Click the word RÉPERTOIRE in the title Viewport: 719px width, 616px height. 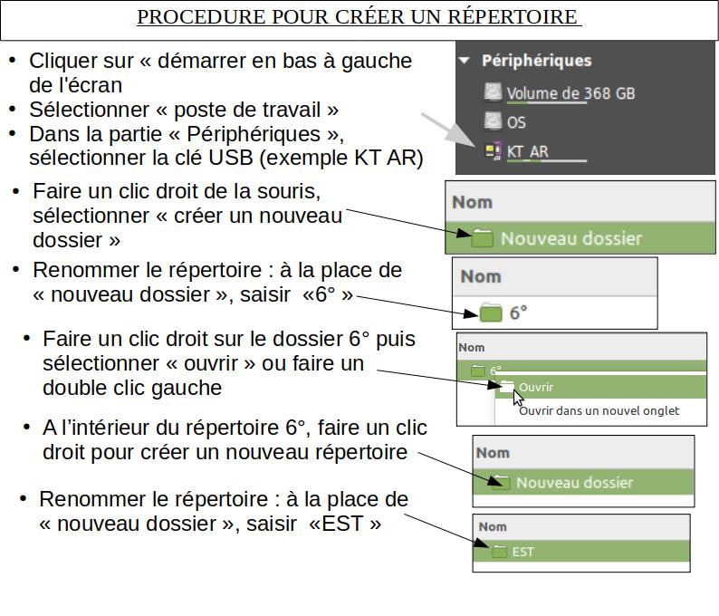pyautogui.click(x=513, y=17)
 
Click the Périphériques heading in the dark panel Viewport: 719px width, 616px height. pyautogui.click(x=536, y=61)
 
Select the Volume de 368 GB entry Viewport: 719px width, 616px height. pyautogui.click(x=570, y=93)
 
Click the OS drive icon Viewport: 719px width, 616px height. pyautogui.click(x=493, y=121)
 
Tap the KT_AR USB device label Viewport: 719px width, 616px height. pyautogui.click(x=527, y=151)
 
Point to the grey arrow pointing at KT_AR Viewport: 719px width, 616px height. pyautogui.click(x=448, y=130)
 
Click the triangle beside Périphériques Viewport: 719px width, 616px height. pyautogui.click(x=465, y=61)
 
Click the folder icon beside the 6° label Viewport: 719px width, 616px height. pyautogui.click(x=491, y=313)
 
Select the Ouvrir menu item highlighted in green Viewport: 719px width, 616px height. pyautogui.click(x=536, y=387)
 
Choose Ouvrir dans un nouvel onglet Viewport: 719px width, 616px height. pyautogui.click(x=599, y=410)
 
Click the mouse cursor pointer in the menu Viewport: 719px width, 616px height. pyautogui.click(x=517, y=398)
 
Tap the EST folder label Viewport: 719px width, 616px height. pyautogui.click(x=522, y=552)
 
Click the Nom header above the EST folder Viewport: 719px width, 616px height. pyautogui.click(x=493, y=526)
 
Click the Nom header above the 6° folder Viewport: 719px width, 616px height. pyautogui.click(x=481, y=276)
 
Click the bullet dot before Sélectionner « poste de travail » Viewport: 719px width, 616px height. pyautogui.click(x=13, y=110)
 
